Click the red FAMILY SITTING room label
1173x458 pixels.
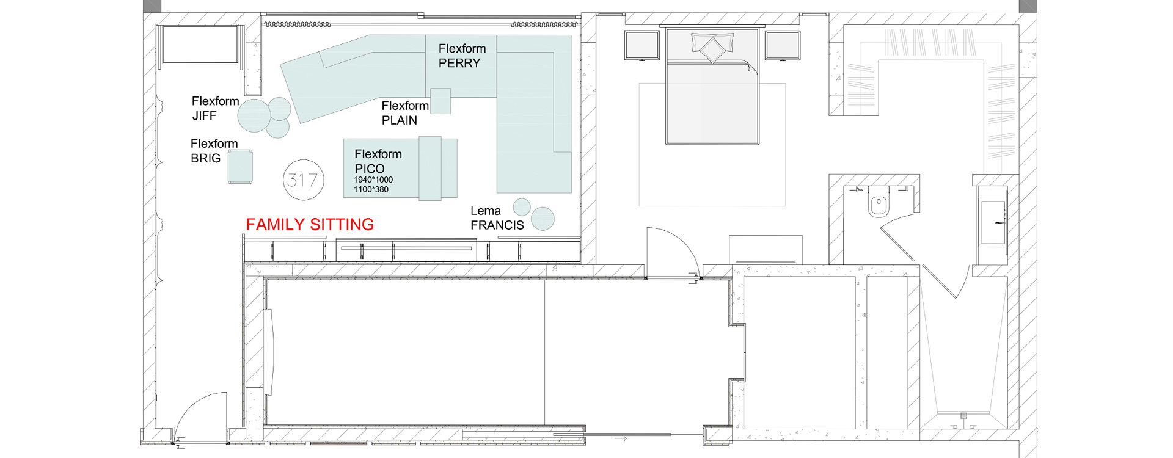click(310, 225)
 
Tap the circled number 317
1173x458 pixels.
click(304, 180)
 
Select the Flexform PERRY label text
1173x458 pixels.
click(462, 56)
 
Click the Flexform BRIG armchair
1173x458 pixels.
click(240, 167)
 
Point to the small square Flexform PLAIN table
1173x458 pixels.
click(440, 101)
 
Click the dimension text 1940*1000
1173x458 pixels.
click(373, 180)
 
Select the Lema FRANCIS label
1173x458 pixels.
click(497, 218)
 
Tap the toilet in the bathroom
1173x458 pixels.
click(879, 202)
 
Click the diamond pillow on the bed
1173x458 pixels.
click(712, 48)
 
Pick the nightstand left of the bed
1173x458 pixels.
click(642, 45)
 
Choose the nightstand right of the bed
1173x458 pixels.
click(783, 45)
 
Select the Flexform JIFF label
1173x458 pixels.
click(215, 108)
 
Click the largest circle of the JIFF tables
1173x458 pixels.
click(254, 116)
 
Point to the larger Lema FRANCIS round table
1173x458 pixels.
click(543, 219)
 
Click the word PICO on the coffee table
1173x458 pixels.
click(370, 169)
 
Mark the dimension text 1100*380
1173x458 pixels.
click(371, 189)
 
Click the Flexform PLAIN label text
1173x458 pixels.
click(405, 113)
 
